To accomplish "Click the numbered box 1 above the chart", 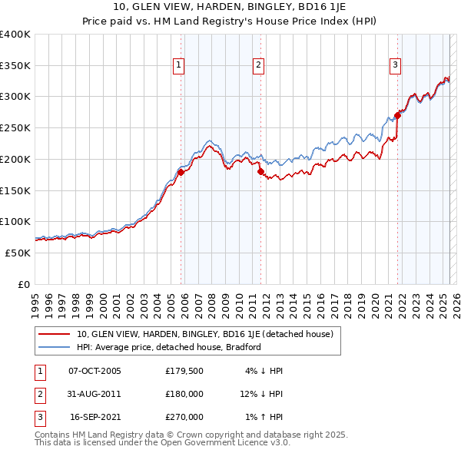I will pyautogui.click(x=178, y=66).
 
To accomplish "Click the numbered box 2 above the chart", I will pyautogui.click(x=259, y=66).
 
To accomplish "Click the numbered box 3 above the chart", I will pyautogui.click(x=395, y=66).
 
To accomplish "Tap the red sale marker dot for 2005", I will pyautogui.click(x=181, y=172).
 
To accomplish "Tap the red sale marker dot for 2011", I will pyautogui.click(x=260, y=172).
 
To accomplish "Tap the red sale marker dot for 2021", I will pyautogui.click(x=397, y=116).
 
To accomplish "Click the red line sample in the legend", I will pyautogui.click(x=55, y=334).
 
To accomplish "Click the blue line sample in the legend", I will pyautogui.click(x=55, y=347).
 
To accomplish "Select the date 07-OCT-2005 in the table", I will pyautogui.click(x=95, y=371).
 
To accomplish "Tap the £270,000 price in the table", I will pyautogui.click(x=184, y=417).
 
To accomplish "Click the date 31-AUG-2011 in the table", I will pyautogui.click(x=95, y=394).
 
